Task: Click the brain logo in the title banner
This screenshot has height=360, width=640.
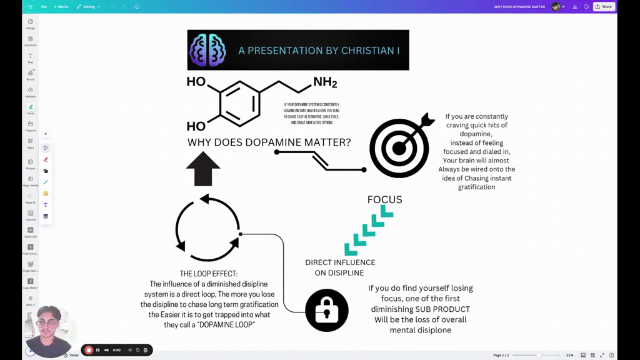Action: coord(207,50)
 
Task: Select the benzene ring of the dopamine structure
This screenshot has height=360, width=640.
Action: coord(239,103)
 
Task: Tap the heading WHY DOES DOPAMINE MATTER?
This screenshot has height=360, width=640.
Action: coord(269,142)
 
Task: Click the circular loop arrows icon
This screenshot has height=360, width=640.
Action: coord(207,228)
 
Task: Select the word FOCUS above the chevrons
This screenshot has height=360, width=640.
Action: coord(384,200)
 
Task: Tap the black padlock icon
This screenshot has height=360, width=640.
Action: coord(327,310)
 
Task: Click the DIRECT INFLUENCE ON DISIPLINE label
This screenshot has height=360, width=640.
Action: coord(340,267)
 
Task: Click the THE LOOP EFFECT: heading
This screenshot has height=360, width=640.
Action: coord(209,274)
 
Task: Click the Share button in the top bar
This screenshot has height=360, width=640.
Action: coord(604,7)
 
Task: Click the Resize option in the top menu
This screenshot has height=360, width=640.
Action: coord(61,7)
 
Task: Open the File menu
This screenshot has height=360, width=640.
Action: coord(44,7)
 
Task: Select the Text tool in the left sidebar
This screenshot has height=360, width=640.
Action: coord(31,57)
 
